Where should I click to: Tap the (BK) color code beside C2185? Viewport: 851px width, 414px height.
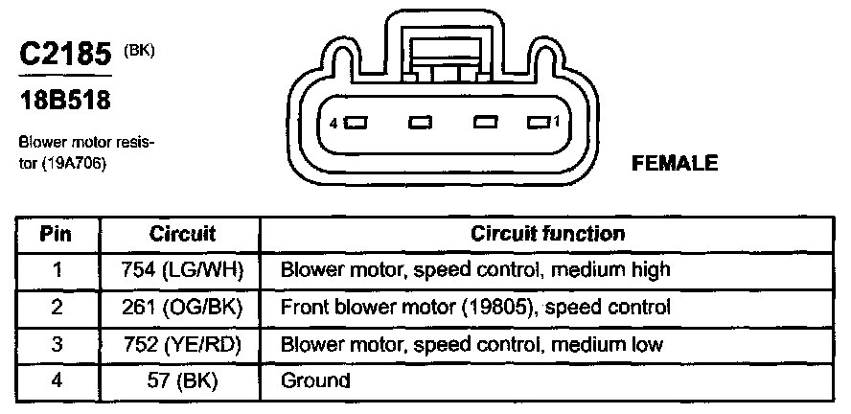139,49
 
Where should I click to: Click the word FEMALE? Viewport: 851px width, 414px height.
675,164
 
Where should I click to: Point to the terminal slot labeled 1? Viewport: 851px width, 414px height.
538,123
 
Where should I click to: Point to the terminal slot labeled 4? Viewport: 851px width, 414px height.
357,124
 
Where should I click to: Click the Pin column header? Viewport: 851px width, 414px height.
57,234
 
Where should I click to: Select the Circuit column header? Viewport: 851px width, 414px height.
182,234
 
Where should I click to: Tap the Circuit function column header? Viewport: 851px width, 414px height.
547,234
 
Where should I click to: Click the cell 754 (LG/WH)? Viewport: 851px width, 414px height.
182,270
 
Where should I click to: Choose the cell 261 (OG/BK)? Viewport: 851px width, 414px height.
182,308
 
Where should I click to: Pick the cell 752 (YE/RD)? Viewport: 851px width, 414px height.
182,344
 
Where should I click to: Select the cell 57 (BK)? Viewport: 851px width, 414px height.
182,380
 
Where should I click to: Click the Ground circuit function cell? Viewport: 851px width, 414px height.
314,380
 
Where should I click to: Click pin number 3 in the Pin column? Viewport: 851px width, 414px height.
57,344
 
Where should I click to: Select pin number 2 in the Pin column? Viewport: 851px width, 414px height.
57,308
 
